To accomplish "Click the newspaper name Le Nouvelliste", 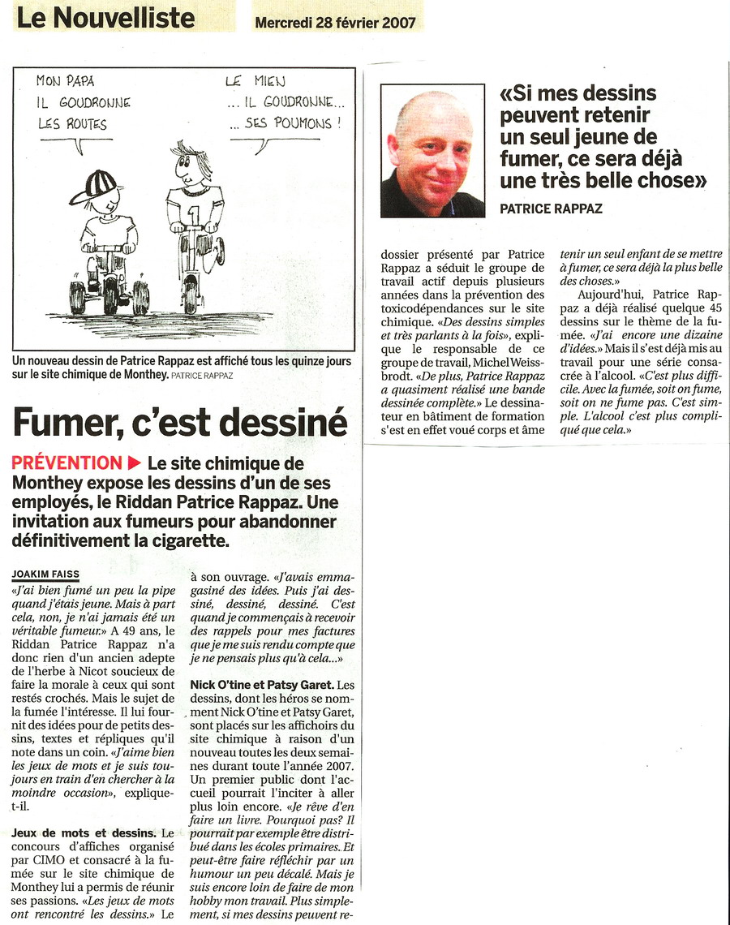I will (x=105, y=18).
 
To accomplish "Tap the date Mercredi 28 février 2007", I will (x=335, y=23).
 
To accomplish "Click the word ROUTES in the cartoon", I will (x=86, y=124).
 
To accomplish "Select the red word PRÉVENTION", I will (x=67, y=463).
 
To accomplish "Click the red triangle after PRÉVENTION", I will (x=135, y=463).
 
